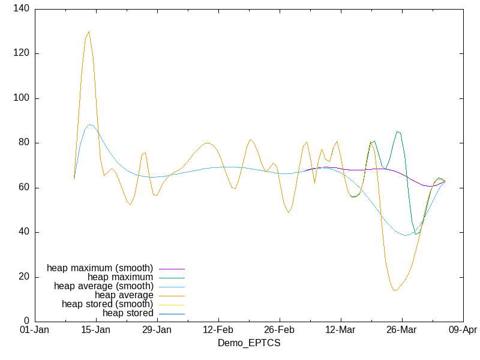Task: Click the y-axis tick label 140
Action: (22, 9)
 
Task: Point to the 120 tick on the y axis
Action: (22, 53)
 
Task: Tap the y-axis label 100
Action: (22, 98)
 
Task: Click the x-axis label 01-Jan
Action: (35, 330)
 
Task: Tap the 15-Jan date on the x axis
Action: (96, 330)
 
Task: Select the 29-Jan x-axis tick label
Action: (157, 330)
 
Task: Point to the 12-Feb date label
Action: (218, 330)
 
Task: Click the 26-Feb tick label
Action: (280, 330)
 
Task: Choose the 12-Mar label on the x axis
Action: (341, 330)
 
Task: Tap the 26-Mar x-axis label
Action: (401, 330)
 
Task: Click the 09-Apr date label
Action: (463, 330)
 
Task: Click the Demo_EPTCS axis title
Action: (248, 343)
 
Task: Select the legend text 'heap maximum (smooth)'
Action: (100, 268)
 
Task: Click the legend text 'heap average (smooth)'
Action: (103, 286)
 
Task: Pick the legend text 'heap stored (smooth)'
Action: (107, 304)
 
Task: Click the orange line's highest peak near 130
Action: (89, 32)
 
